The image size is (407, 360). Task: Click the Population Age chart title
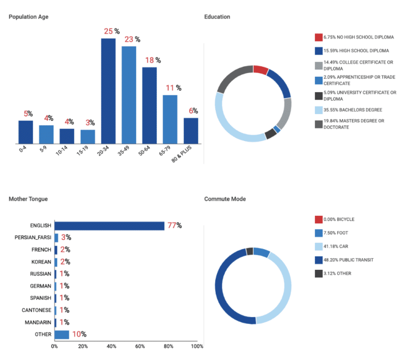point(29,17)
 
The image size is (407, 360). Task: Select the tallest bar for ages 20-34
point(108,90)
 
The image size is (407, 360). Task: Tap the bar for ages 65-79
point(170,119)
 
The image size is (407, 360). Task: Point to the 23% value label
point(132,39)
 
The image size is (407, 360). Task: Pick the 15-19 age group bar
point(87,137)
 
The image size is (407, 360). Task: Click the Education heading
point(217,17)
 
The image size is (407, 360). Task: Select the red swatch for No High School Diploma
point(318,38)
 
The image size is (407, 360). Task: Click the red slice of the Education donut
point(260,70)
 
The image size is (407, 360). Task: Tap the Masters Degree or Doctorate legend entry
point(354,124)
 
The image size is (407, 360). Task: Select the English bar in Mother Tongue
point(109,226)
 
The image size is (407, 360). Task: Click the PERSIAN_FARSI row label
point(33,238)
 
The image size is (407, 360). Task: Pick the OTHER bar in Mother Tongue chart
point(61,335)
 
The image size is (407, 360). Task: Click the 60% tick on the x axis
point(140,347)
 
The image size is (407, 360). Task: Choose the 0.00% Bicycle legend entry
point(339,219)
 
